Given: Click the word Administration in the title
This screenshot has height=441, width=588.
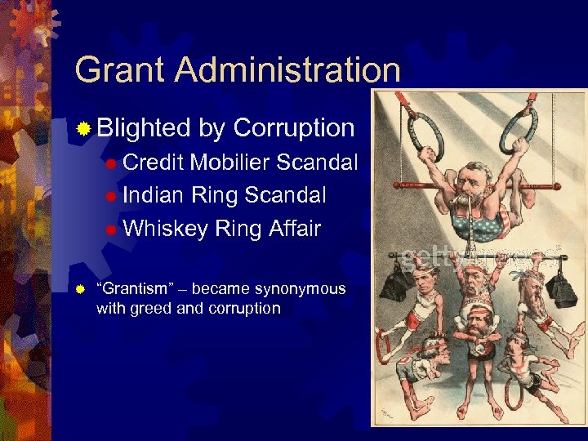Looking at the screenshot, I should (x=287, y=70).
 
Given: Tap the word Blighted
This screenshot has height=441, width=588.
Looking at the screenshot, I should (x=143, y=128).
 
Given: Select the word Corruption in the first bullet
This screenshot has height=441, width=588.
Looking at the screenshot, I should (x=294, y=128).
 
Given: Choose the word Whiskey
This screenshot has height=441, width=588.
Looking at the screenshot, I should (x=165, y=229).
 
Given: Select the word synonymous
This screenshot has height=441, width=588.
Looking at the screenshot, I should (x=300, y=289).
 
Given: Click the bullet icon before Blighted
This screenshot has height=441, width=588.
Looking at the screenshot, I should (x=82, y=129).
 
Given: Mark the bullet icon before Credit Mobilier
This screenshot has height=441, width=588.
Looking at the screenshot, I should (x=111, y=163).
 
